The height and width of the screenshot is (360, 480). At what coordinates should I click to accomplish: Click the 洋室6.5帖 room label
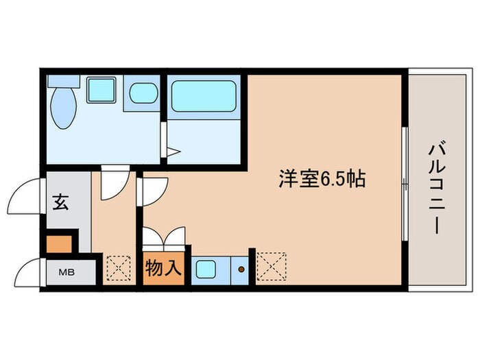[x=322, y=180]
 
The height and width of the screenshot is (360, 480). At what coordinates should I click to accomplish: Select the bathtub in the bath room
[x=204, y=95]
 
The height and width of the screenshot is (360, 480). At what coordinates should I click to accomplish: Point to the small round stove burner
[x=241, y=269]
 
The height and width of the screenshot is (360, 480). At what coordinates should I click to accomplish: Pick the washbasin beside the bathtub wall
[x=143, y=93]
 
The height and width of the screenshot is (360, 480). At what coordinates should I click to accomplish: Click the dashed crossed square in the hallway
[x=119, y=268]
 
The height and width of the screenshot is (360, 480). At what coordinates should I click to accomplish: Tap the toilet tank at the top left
[x=64, y=82]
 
